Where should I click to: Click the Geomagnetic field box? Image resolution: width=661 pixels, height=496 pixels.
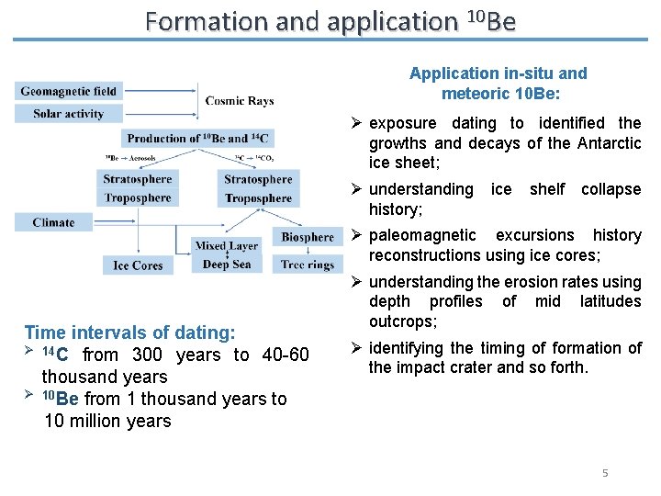pyautogui.click(x=69, y=91)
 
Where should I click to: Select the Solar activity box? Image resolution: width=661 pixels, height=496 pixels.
pyautogui.click(x=69, y=114)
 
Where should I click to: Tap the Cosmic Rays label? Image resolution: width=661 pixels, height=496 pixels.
pyautogui.click(x=240, y=101)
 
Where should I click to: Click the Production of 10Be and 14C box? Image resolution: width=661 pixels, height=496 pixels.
pyautogui.click(x=197, y=139)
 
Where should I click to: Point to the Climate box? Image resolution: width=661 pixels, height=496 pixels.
pyautogui.click(x=54, y=222)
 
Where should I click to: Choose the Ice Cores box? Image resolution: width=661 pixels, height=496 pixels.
pyautogui.click(x=138, y=265)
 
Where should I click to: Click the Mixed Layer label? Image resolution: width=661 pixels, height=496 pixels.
pyautogui.click(x=227, y=246)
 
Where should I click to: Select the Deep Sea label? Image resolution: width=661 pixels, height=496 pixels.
pyautogui.click(x=227, y=265)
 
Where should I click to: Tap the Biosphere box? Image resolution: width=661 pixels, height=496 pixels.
pyautogui.click(x=308, y=237)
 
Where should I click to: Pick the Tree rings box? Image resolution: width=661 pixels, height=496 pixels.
pyautogui.click(x=308, y=265)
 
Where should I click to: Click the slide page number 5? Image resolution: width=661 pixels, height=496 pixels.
pyautogui.click(x=605, y=473)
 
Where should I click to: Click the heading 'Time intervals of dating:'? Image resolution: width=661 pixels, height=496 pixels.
pyautogui.click(x=129, y=333)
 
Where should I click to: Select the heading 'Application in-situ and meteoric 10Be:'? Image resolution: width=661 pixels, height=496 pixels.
pyautogui.click(x=499, y=83)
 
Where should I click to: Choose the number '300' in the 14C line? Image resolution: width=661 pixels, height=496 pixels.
pyautogui.click(x=147, y=355)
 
